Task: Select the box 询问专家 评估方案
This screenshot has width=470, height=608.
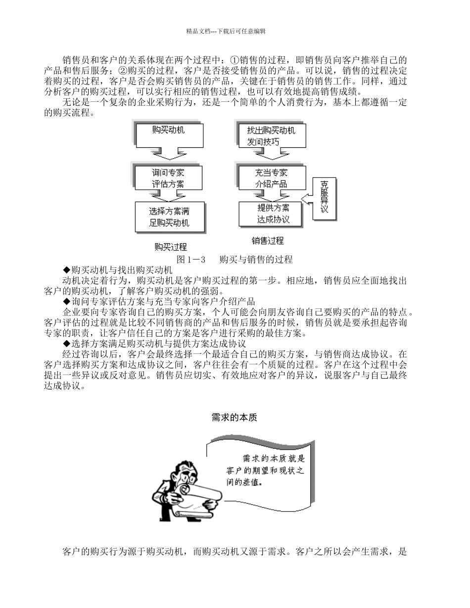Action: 168,178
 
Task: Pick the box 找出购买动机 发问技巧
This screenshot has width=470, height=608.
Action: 271,135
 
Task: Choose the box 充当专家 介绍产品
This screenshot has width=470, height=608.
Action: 271,178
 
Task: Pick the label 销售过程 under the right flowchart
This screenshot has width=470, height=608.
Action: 268,241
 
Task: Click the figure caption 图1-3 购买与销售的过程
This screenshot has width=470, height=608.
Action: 235,260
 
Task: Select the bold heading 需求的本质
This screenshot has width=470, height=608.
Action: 234,417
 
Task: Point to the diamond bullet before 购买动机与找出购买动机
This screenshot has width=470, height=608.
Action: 67,270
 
